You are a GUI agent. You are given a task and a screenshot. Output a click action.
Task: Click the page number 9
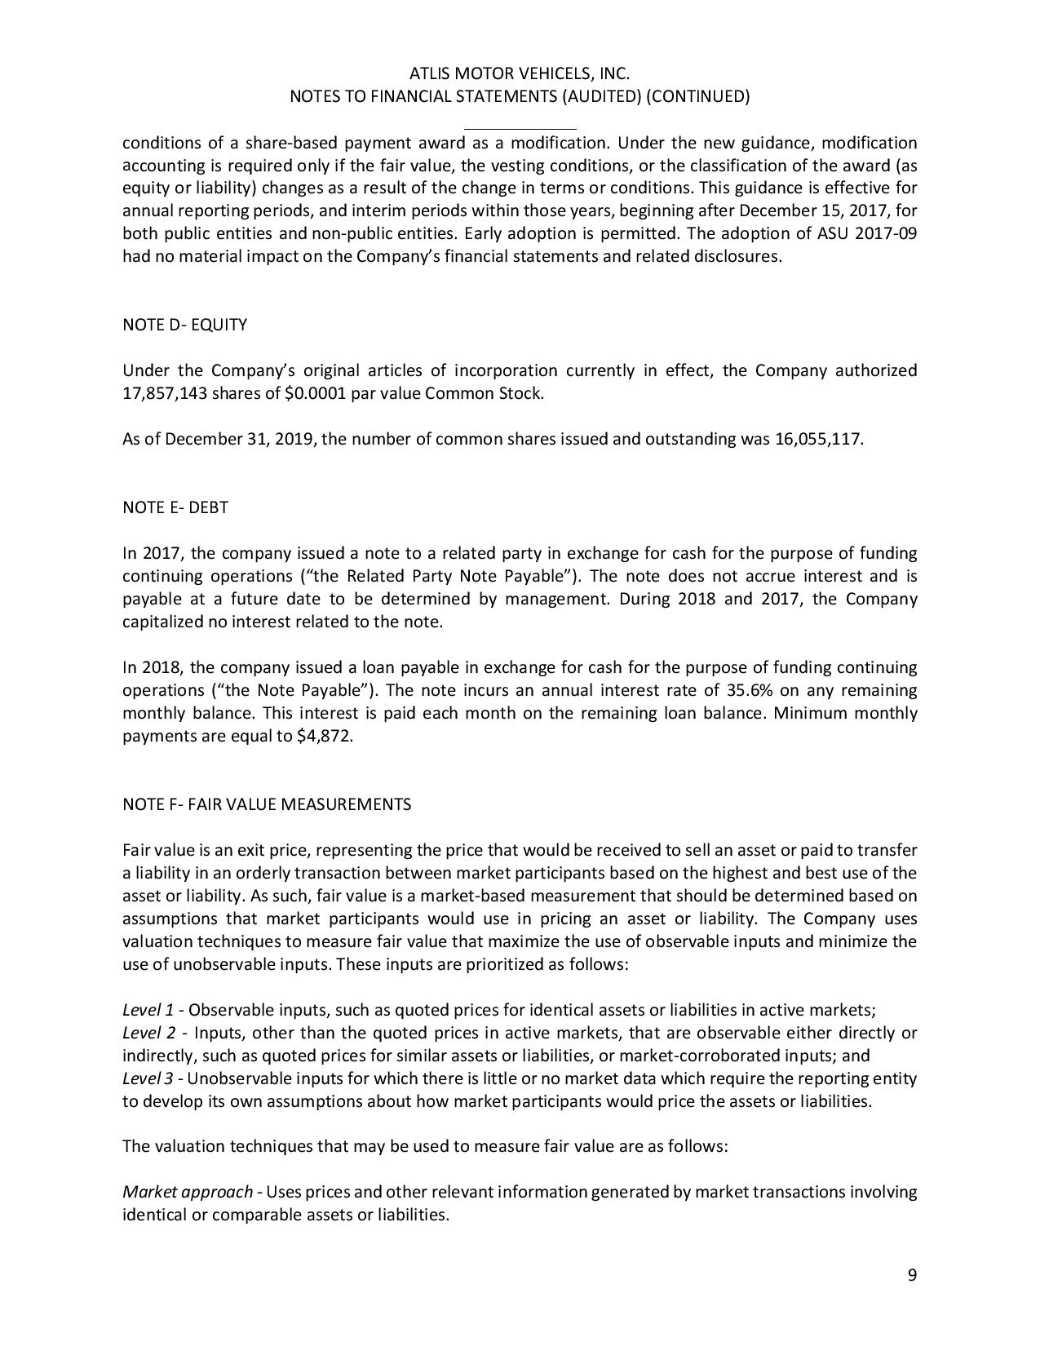click(912, 1276)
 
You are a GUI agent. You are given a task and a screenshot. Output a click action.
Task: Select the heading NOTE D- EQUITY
click(184, 325)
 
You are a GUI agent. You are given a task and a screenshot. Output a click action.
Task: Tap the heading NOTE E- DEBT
click(175, 507)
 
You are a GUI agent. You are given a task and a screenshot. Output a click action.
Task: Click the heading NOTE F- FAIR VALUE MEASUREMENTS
click(267, 804)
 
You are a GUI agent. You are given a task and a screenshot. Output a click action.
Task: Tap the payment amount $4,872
click(326, 736)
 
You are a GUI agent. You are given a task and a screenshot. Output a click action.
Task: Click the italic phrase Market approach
click(188, 1192)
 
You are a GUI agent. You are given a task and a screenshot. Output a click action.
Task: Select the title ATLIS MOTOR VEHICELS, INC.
click(520, 73)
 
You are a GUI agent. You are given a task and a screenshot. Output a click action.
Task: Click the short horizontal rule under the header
click(520, 129)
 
